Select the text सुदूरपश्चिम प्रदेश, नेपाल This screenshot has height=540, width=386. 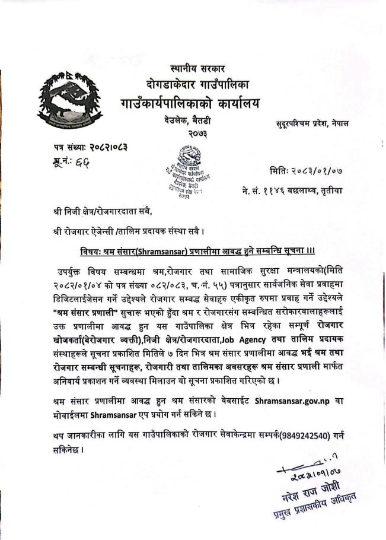pos(312,123)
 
